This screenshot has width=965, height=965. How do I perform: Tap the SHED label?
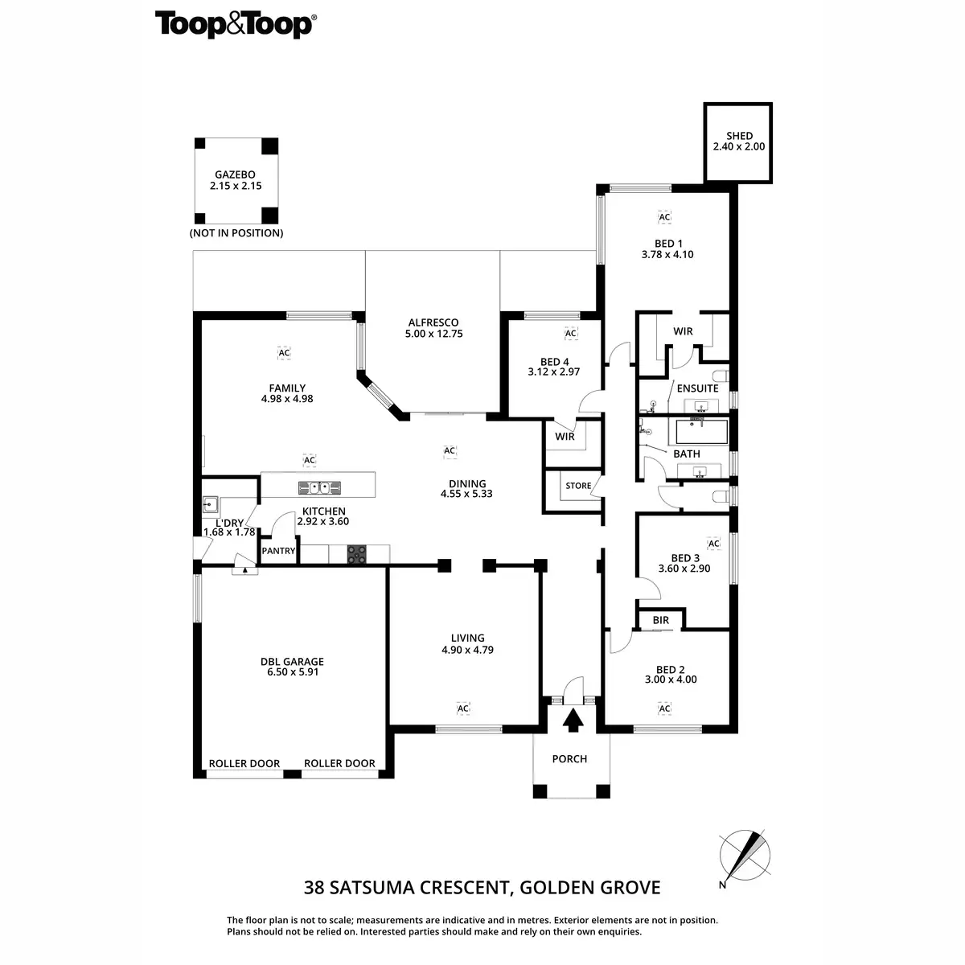coord(738,137)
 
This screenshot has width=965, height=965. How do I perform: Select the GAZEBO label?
coord(235,175)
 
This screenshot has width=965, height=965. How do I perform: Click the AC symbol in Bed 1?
coord(664,217)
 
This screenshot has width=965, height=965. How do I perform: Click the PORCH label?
coord(569,759)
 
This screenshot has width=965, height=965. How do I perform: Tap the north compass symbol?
coord(745,857)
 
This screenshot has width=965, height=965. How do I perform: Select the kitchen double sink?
coord(319,487)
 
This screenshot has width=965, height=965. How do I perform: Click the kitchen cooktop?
coord(357,554)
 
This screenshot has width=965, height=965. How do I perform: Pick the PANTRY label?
coord(279,552)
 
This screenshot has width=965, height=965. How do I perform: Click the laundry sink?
coord(211,505)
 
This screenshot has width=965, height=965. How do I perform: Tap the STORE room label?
coord(578,486)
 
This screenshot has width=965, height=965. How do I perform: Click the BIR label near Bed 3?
coord(661,621)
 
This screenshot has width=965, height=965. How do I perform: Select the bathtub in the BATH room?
coord(700,432)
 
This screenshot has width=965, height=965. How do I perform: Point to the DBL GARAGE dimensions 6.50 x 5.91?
coord(292,672)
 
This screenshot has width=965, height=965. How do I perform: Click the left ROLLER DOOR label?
coord(244,764)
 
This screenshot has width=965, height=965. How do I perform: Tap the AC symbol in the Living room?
coord(462,708)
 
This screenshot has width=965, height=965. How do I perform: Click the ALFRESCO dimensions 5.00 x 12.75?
coord(434,334)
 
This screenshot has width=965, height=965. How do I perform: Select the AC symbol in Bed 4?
coord(571,334)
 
